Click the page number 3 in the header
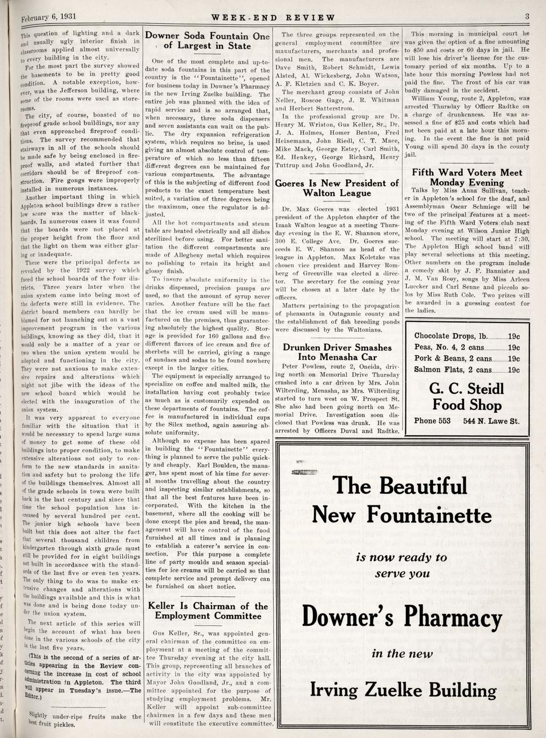pos(527,17)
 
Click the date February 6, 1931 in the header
pos(41,17)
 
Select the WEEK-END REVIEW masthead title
pos(273,17)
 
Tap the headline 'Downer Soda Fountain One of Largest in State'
pos(207,41)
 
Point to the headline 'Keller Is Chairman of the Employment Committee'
pos(207,611)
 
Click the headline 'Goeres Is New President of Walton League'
pos(337,188)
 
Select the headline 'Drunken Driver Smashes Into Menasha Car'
pos(337,352)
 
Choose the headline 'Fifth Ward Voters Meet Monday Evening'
pos(467,178)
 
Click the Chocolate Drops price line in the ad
pos(467,336)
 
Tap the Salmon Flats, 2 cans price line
pos(467,370)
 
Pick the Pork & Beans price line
pos(467,358)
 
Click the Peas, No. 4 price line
pos(467,348)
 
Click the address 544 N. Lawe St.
pos(491,421)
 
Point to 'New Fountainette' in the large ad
pos(402,516)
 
